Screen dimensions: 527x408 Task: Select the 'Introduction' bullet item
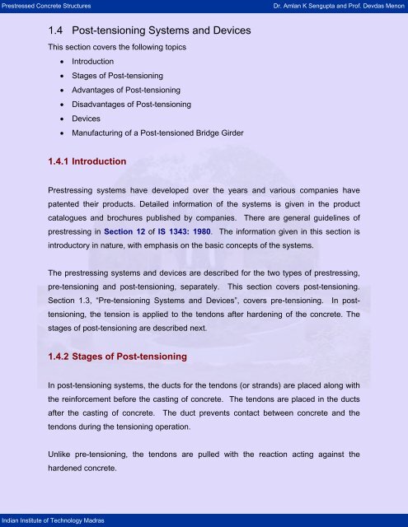[93, 61]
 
